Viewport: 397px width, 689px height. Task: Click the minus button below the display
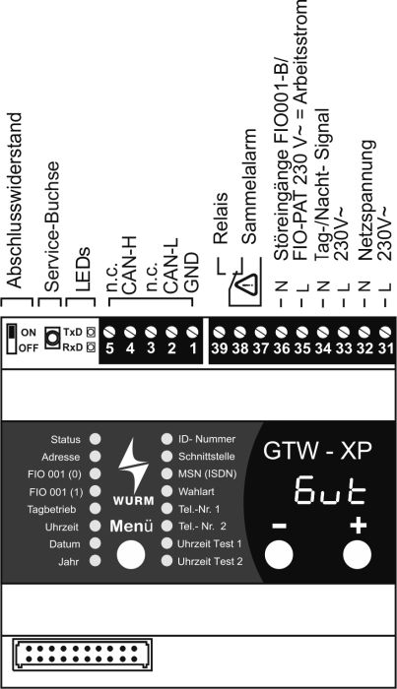(x=279, y=554)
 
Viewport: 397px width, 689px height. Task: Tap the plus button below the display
(x=357, y=554)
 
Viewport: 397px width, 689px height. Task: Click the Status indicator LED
(x=95, y=439)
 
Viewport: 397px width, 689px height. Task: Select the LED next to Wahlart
(x=166, y=491)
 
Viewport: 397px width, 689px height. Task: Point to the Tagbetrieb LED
(x=95, y=509)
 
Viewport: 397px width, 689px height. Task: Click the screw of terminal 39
(x=219, y=332)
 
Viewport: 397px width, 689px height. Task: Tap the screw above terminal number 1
(x=192, y=332)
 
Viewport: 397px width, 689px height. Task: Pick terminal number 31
(x=385, y=348)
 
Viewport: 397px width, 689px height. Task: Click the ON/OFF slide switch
(x=12, y=339)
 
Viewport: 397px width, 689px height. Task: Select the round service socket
(x=52, y=338)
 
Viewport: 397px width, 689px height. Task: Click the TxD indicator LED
(x=91, y=332)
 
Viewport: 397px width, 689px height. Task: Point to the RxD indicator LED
(x=91, y=347)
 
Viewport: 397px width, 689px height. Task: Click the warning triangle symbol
(x=245, y=286)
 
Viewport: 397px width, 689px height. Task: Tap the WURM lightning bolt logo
(x=133, y=465)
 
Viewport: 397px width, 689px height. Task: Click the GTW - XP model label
(x=317, y=451)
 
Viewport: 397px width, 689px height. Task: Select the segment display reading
(x=331, y=488)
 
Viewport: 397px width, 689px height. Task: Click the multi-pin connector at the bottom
(x=83, y=655)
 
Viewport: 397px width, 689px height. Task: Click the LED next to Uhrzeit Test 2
(x=166, y=561)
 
